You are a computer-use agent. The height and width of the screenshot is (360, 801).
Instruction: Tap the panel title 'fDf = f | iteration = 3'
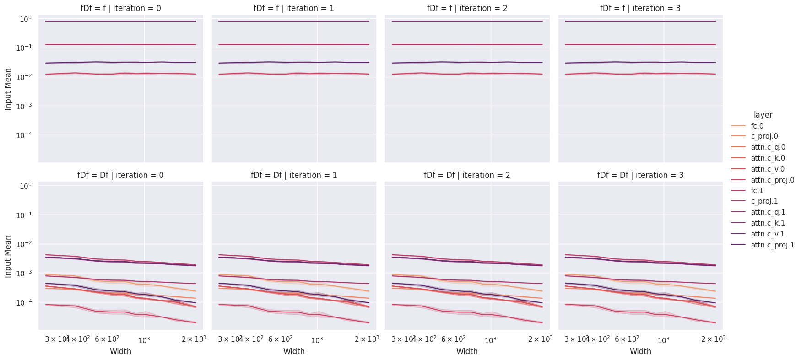tap(640, 8)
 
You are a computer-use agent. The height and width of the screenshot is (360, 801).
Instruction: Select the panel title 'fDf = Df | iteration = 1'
tap(294, 175)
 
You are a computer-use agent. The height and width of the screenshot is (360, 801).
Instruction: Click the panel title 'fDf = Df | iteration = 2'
tap(467, 175)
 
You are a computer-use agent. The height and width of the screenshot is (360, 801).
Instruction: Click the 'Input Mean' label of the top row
tap(8, 89)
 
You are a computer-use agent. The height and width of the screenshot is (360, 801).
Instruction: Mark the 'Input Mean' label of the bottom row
tap(8, 256)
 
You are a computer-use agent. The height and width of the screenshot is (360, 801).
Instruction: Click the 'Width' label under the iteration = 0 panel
tap(121, 351)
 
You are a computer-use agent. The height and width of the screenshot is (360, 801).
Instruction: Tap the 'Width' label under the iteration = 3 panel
tap(640, 351)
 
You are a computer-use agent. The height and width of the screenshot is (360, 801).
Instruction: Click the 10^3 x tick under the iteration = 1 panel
tap(317, 339)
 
